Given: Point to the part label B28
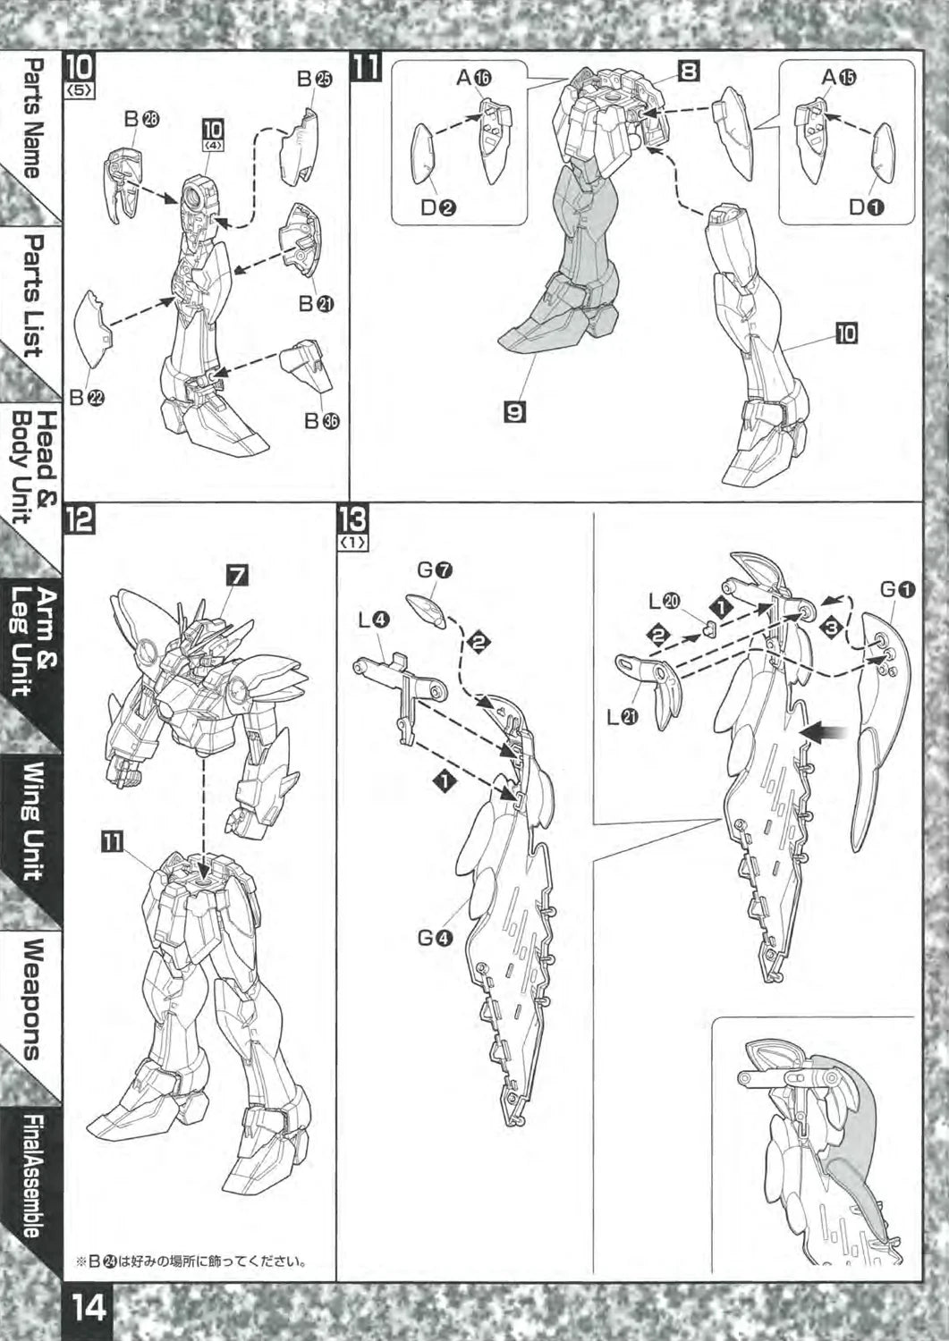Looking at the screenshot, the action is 142,120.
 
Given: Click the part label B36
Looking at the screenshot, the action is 322,421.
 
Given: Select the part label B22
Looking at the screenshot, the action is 87,398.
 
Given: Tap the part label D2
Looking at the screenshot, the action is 438,207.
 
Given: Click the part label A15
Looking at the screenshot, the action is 838,77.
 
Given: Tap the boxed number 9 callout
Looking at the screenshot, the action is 516,412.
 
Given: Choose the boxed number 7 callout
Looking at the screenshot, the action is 237,576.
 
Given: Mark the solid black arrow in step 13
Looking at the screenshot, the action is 826,731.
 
